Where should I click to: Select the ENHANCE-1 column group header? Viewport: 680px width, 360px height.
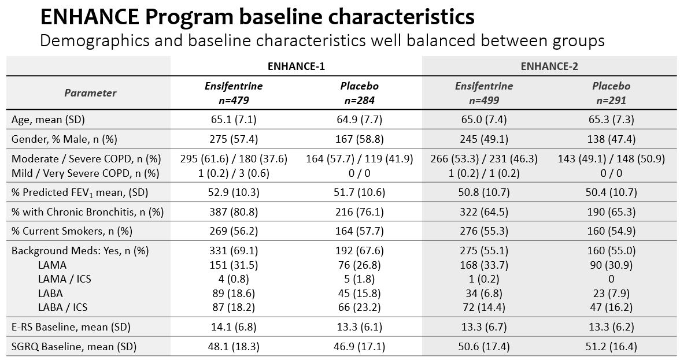click(296, 66)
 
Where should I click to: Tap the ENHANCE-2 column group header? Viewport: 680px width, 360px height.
click(549, 66)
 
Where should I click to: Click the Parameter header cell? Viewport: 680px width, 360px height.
click(90, 93)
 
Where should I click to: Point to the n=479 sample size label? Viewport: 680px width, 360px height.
click(233, 100)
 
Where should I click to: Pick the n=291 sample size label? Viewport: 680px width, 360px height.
click(611, 100)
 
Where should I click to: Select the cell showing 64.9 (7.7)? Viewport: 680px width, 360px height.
click(359, 120)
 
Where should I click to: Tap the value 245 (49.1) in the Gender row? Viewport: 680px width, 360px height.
click(484, 139)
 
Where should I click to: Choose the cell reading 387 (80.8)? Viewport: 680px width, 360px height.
click(233, 212)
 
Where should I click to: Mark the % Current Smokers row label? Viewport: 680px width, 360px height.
click(72, 231)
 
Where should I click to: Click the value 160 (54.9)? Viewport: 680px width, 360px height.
click(611, 231)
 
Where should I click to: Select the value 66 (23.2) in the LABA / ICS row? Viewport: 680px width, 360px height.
click(359, 307)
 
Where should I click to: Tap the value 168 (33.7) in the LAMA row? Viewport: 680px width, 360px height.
click(484, 265)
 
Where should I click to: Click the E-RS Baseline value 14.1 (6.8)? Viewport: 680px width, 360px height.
click(233, 327)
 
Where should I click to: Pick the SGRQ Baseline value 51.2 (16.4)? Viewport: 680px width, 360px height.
click(611, 346)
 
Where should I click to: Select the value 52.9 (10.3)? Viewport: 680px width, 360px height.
click(233, 192)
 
